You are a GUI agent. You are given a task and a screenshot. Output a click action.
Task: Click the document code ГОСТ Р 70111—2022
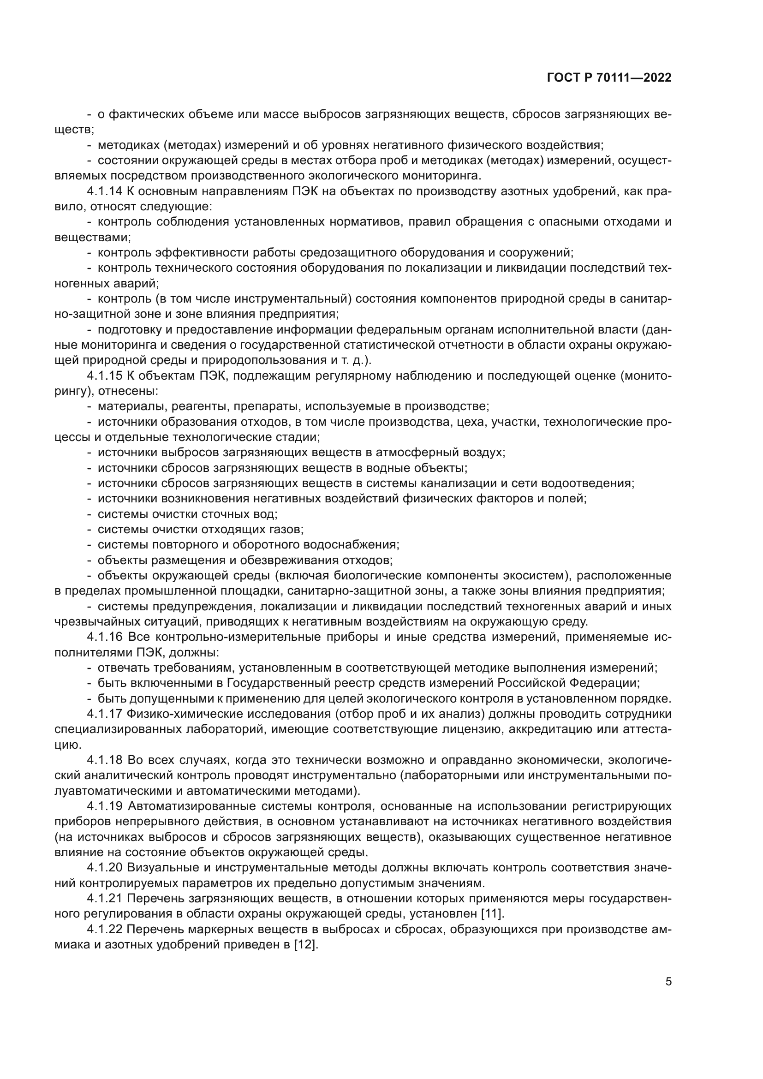pyautogui.click(x=609, y=78)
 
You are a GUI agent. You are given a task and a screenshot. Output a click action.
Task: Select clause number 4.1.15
pyautogui.click(x=104, y=376)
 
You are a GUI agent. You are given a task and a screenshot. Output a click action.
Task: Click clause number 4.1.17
pyautogui.click(x=104, y=714)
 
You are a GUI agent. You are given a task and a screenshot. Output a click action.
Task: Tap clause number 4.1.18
pyautogui.click(x=104, y=760)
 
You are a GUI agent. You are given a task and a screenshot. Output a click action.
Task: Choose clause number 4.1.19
pyautogui.click(x=104, y=806)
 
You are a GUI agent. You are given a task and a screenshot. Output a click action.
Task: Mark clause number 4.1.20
pyautogui.click(x=104, y=868)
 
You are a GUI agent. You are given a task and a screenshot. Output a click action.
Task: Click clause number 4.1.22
pyautogui.click(x=104, y=929)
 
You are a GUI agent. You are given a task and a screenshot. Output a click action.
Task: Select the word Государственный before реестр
pyautogui.click(x=275, y=683)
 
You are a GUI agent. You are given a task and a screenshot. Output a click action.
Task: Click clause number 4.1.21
pyautogui.click(x=104, y=899)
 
